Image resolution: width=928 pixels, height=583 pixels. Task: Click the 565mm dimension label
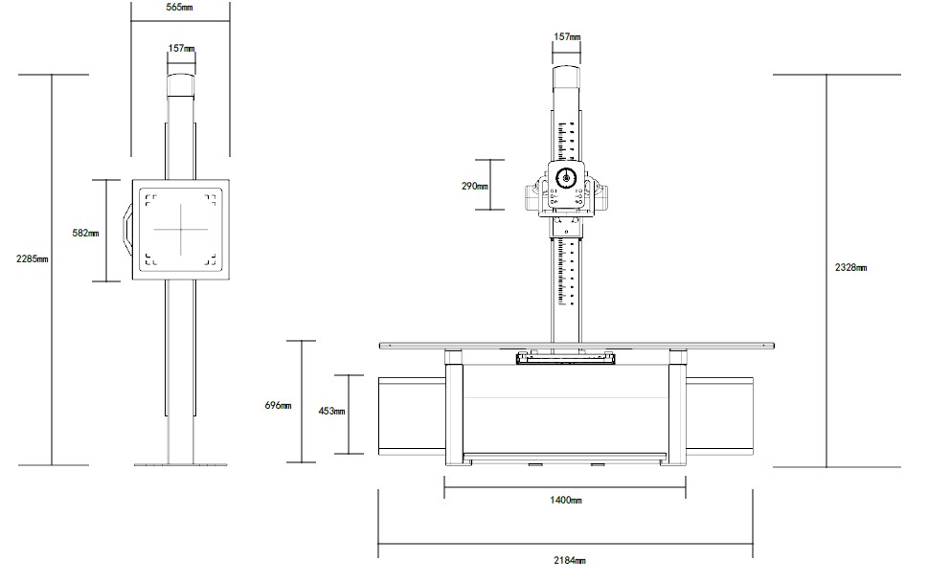pyautogui.click(x=179, y=8)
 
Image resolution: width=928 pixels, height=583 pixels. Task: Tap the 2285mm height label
pyautogui.click(x=32, y=258)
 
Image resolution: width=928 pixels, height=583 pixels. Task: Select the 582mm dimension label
pyautogui.click(x=86, y=234)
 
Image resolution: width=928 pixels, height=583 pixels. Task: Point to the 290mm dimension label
pyautogui.click(x=475, y=186)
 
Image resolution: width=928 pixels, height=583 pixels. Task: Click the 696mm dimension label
pyautogui.click(x=278, y=406)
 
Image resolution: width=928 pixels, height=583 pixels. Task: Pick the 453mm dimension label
pyautogui.click(x=331, y=410)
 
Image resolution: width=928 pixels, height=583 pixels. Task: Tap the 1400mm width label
pyautogui.click(x=566, y=500)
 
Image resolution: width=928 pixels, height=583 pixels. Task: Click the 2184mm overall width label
pyautogui.click(x=570, y=560)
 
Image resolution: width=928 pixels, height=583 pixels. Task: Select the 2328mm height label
pyautogui.click(x=851, y=267)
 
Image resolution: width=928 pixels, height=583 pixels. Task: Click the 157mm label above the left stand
pyautogui.click(x=182, y=48)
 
